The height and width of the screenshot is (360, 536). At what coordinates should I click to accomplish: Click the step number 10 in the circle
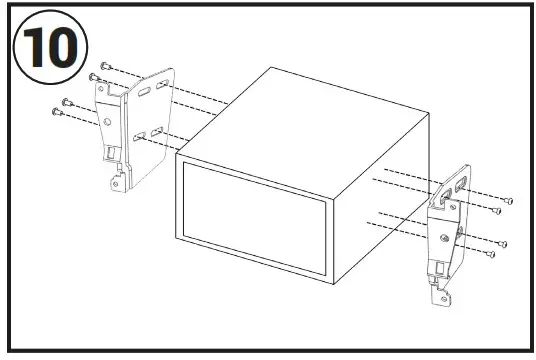point(48,47)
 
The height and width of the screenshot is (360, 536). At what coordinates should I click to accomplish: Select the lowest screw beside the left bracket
point(56,111)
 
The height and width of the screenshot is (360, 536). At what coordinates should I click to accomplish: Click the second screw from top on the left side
point(94,75)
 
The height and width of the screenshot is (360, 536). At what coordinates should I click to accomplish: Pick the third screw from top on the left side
point(67,101)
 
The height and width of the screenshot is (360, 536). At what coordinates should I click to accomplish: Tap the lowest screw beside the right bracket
point(492,255)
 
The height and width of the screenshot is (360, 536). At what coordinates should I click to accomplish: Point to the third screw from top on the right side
point(504,243)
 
